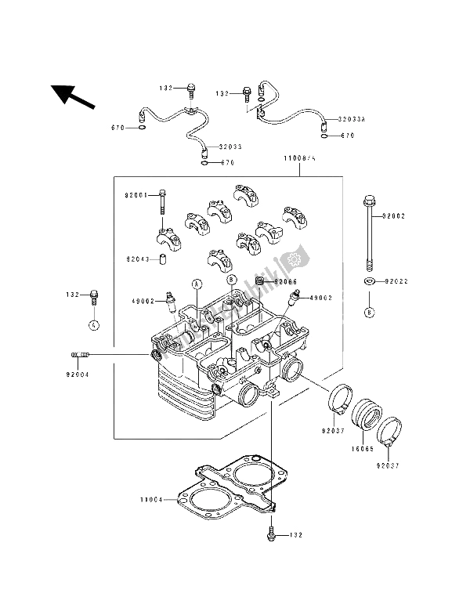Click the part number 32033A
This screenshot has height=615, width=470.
click(352, 120)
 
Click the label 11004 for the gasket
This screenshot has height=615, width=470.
click(151, 498)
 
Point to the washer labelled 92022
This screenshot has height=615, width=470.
click(368, 280)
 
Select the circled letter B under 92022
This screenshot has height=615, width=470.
click(368, 312)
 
